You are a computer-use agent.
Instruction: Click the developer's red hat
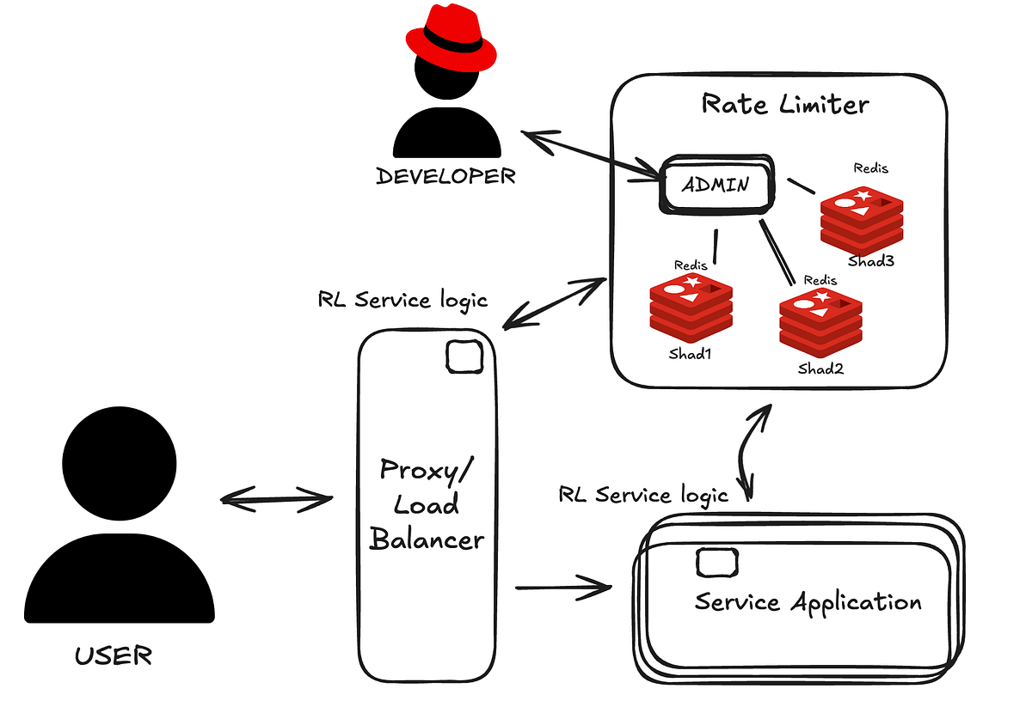pos(451,40)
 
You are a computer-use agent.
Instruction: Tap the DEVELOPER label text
pos(445,176)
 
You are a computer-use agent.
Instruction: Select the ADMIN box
pos(717,185)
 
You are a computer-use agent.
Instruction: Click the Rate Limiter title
pos(785,104)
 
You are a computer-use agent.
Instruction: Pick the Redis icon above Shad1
pos(691,308)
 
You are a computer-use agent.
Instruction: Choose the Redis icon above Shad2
pos(820,323)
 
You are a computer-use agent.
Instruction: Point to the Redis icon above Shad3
pos(862,221)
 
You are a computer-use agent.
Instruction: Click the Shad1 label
pos(690,354)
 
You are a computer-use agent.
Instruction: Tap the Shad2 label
pos(821,369)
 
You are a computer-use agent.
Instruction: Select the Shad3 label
pos(870,261)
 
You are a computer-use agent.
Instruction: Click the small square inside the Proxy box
pos(464,357)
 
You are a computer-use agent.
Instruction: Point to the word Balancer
pos(427,539)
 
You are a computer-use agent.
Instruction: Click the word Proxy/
pos(427,471)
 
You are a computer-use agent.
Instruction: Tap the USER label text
pos(114,656)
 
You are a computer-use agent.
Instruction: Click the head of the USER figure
pos(120,463)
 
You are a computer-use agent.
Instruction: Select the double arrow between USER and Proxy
pos(276,499)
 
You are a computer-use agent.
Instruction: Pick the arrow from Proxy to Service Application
pos(563,588)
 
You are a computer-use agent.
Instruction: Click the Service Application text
pos(808,602)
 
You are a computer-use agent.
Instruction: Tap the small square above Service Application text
pos(717,563)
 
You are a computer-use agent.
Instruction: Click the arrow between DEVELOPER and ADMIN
pos(591,154)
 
